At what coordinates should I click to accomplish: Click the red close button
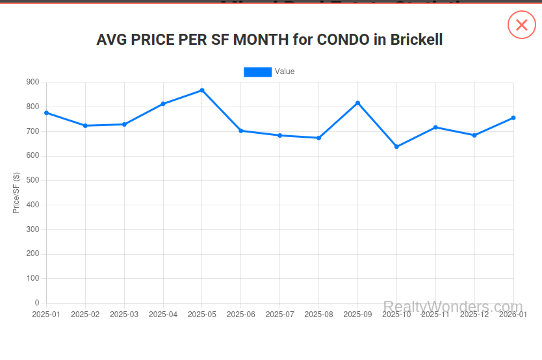pos(521,25)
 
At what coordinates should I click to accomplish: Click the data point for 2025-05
pos(202,90)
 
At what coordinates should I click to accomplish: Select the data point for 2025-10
pos(396,147)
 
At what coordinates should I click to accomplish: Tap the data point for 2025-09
pos(357,103)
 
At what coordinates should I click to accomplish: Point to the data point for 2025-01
pos(46,113)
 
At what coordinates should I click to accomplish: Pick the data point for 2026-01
pos(513,118)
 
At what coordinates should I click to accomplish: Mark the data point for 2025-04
pos(163,104)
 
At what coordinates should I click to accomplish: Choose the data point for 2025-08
pos(318,138)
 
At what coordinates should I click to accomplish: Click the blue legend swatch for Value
pos(257,71)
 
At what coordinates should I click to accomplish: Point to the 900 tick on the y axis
pos(32,83)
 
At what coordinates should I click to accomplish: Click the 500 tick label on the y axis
pos(32,181)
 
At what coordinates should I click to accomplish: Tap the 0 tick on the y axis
pos(36,303)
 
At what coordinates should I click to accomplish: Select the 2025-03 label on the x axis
pos(124,315)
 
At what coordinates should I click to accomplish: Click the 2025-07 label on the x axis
pos(279,315)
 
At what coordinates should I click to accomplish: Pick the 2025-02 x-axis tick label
pos(85,315)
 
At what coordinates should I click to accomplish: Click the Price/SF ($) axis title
pos(16,193)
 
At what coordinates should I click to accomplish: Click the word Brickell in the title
pos(417,40)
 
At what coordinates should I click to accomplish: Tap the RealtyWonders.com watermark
pos(453,307)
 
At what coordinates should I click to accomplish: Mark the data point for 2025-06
pos(241,131)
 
